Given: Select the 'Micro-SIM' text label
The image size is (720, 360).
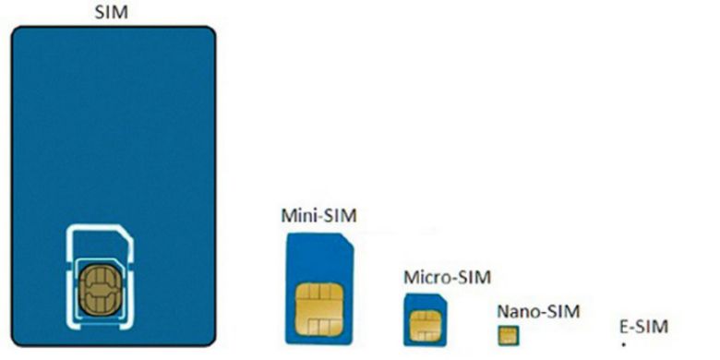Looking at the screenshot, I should (x=448, y=277).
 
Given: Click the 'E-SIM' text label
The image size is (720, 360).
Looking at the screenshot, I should (x=642, y=326).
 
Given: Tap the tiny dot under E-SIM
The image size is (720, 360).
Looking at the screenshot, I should (x=623, y=345).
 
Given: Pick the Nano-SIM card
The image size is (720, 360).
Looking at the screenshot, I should (x=506, y=333).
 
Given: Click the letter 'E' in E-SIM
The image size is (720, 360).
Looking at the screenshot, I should (x=624, y=326).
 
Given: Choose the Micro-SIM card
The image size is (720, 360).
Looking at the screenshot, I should (x=425, y=318).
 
